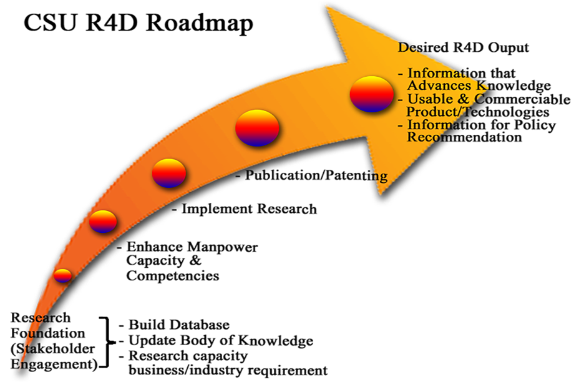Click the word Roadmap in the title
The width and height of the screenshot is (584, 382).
pyautogui.click(x=200, y=24)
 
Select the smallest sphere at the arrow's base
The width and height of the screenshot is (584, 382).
pyautogui.click(x=62, y=275)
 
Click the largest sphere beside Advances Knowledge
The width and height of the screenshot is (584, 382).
pyautogui.click(x=372, y=94)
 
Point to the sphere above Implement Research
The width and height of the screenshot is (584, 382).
pyautogui.click(x=169, y=173)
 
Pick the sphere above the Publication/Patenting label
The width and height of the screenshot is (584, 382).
pyautogui.click(x=257, y=128)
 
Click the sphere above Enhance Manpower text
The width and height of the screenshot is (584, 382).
pyautogui.click(x=103, y=222)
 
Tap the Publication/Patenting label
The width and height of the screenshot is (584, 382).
pyautogui.click(x=316, y=175)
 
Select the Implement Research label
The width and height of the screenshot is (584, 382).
pyautogui.click(x=249, y=208)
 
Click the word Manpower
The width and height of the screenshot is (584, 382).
pyautogui.click(x=223, y=247)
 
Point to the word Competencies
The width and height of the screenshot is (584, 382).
pyautogui.click(x=173, y=276)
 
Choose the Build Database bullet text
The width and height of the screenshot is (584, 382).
pyautogui.click(x=179, y=325)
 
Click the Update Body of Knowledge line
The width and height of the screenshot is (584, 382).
pyautogui.click(x=221, y=340)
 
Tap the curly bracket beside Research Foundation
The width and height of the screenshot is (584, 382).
pyautogui.click(x=107, y=342)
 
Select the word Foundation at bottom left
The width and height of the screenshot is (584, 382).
pyautogui.click(x=47, y=333)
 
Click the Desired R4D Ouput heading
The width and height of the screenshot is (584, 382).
pyautogui.click(x=464, y=47)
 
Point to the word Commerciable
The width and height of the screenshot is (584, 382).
pyautogui.click(x=522, y=99)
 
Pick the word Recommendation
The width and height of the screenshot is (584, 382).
pyautogui.click(x=464, y=137)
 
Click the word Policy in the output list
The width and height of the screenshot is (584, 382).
pyautogui.click(x=535, y=125)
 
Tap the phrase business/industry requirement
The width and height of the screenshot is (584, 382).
pyautogui.click(x=228, y=370)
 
